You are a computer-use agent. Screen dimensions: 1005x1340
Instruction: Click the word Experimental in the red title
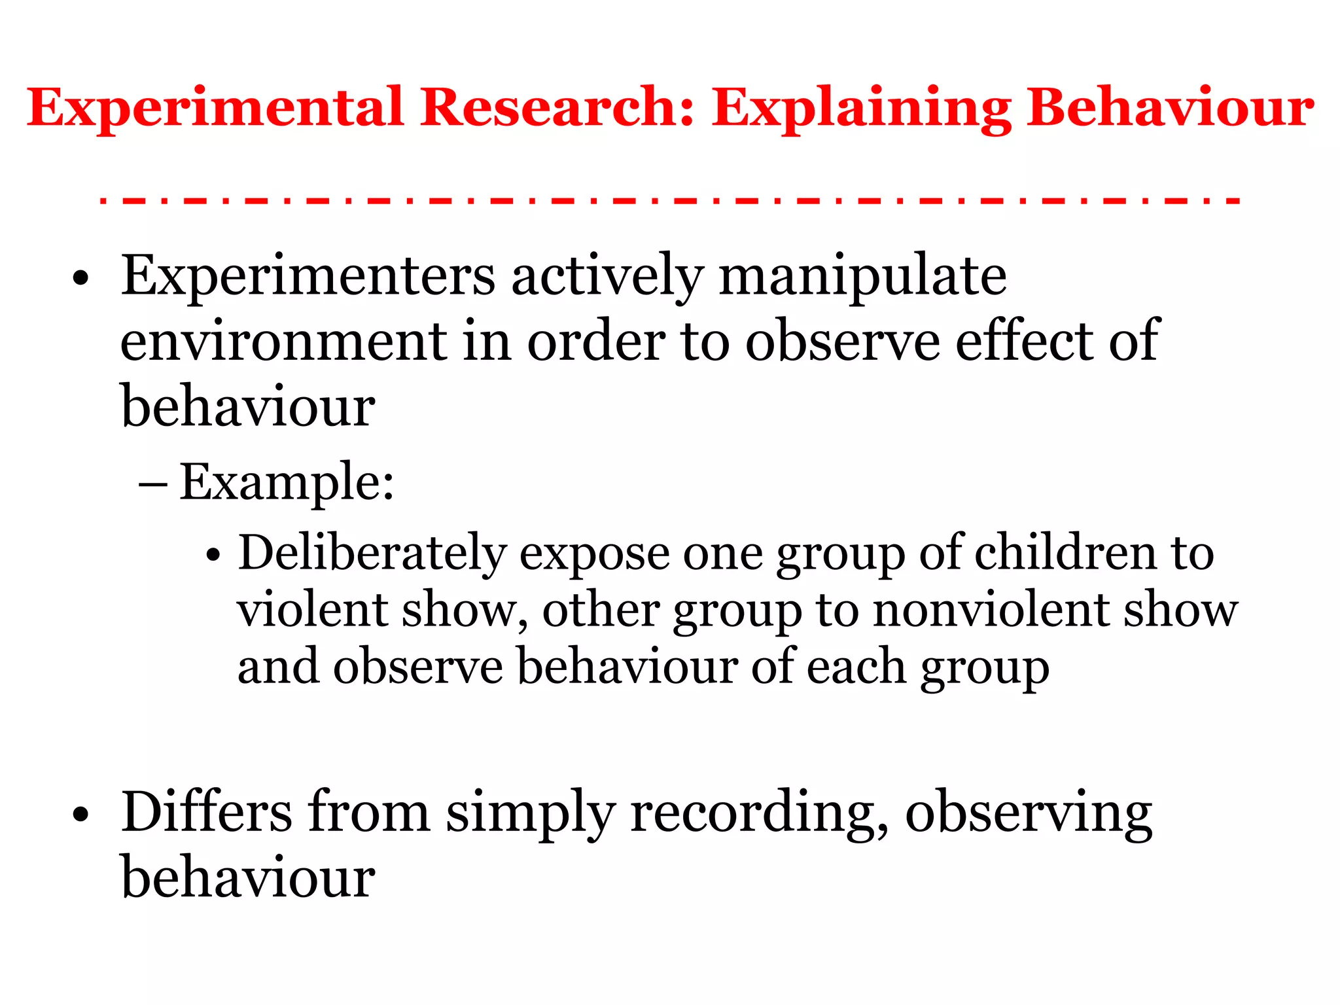coord(215,108)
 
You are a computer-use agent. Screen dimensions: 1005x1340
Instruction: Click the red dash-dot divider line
coord(670,201)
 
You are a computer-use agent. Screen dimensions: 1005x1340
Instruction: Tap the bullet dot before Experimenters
coord(80,279)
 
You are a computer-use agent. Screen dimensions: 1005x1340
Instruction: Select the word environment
coord(284,342)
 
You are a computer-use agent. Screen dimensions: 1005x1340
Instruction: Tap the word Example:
coord(287,483)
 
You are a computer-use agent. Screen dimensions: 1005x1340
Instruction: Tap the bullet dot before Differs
coord(80,816)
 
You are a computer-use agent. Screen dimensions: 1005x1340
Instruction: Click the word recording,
coord(759,814)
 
